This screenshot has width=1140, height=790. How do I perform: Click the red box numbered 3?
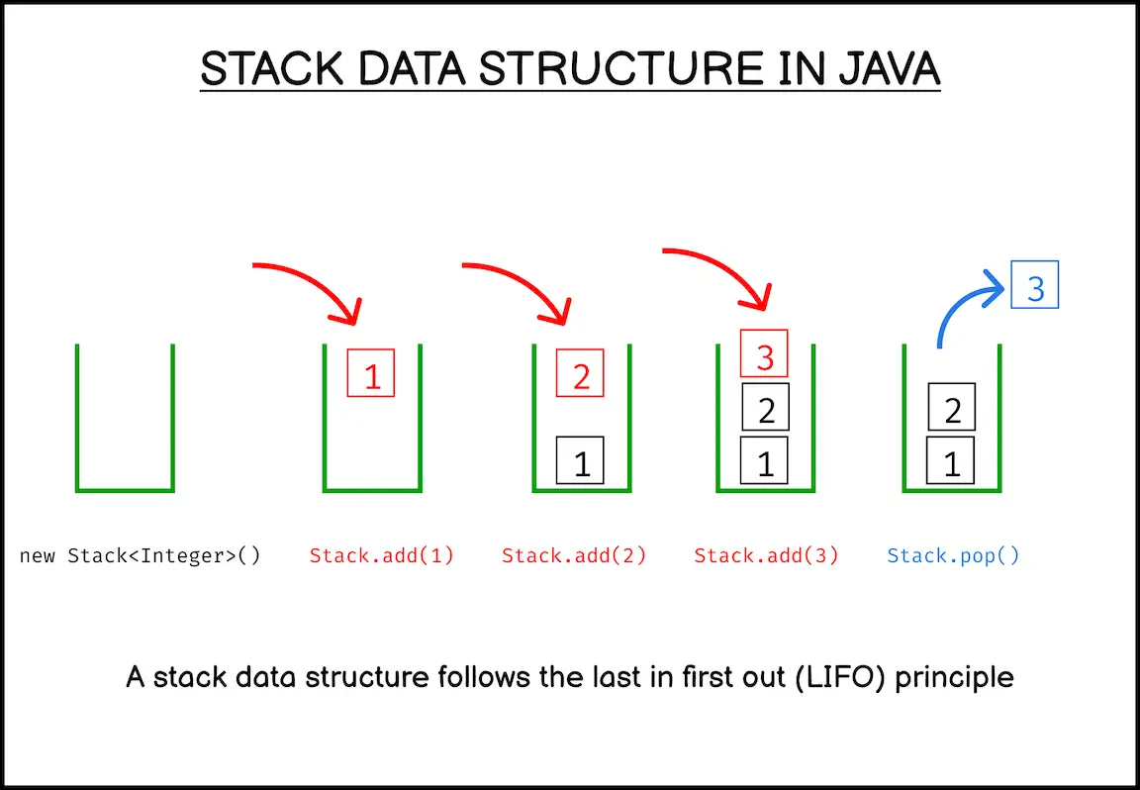[x=764, y=353]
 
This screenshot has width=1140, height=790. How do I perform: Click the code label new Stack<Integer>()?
[x=141, y=555]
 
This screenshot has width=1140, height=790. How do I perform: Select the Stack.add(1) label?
[x=382, y=555]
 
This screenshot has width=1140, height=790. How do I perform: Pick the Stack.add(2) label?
[x=574, y=555]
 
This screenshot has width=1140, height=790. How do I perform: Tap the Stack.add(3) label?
[x=766, y=555]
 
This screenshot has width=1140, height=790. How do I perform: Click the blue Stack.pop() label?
[x=953, y=555]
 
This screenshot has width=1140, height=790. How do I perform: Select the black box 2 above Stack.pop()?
[x=952, y=407]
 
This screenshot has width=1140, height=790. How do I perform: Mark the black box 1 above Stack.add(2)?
[x=581, y=460]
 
